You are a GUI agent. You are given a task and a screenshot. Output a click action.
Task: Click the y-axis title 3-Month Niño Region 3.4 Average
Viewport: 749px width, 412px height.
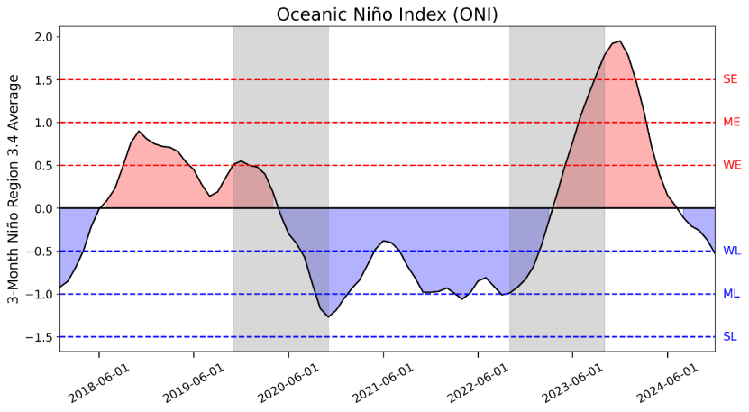point(14,190)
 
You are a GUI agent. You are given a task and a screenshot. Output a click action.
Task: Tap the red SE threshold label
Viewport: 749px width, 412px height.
point(730,79)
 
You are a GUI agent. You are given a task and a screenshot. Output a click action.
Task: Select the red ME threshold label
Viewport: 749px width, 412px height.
point(731,123)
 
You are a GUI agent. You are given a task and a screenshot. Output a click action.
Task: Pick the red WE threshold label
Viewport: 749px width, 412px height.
point(732,165)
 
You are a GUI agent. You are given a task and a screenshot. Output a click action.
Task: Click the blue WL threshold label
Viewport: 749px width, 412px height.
point(731,251)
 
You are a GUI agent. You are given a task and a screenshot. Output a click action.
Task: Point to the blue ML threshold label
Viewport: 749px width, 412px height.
point(731,294)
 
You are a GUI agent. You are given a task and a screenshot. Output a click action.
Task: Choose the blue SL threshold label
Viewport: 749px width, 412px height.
point(730,336)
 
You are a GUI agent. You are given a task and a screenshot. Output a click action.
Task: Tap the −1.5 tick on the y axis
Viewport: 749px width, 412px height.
point(39,337)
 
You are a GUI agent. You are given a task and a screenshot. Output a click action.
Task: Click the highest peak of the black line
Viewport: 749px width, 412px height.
point(619,41)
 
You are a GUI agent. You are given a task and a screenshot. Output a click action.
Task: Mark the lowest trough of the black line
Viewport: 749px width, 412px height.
point(328,317)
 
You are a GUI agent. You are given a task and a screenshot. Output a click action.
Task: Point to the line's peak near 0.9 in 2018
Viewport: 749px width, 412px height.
point(139,132)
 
